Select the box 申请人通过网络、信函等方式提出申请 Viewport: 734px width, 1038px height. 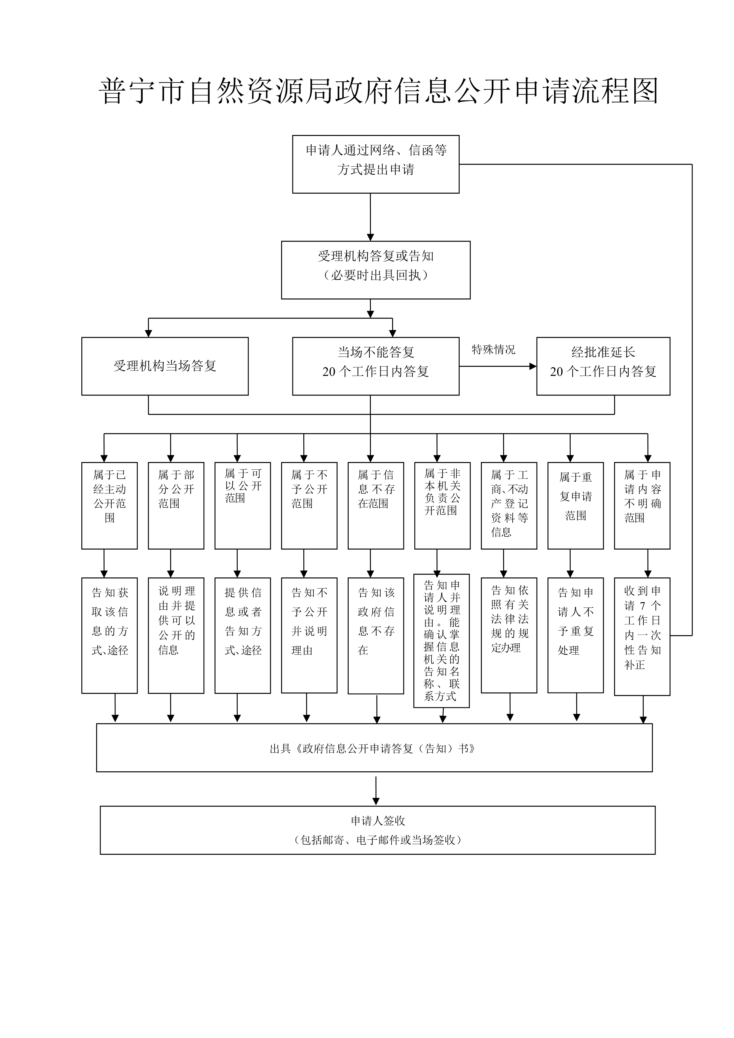click(x=376, y=164)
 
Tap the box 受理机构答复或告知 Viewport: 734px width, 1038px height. click(x=376, y=270)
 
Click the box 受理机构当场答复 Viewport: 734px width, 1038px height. click(x=165, y=366)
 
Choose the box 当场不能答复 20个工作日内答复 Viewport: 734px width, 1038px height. click(x=376, y=366)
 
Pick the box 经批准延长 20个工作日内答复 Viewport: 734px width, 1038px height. click(x=603, y=366)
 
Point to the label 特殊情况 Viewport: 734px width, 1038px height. click(x=493, y=350)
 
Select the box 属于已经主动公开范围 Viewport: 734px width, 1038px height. click(x=110, y=506)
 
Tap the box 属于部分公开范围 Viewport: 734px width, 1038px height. click(x=176, y=506)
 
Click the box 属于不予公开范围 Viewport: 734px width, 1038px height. click(x=309, y=506)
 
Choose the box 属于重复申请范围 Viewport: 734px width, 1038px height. click(x=575, y=506)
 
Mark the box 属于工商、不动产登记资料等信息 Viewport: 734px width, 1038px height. click(x=509, y=506)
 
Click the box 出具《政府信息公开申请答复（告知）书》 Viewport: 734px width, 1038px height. click(x=374, y=749)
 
